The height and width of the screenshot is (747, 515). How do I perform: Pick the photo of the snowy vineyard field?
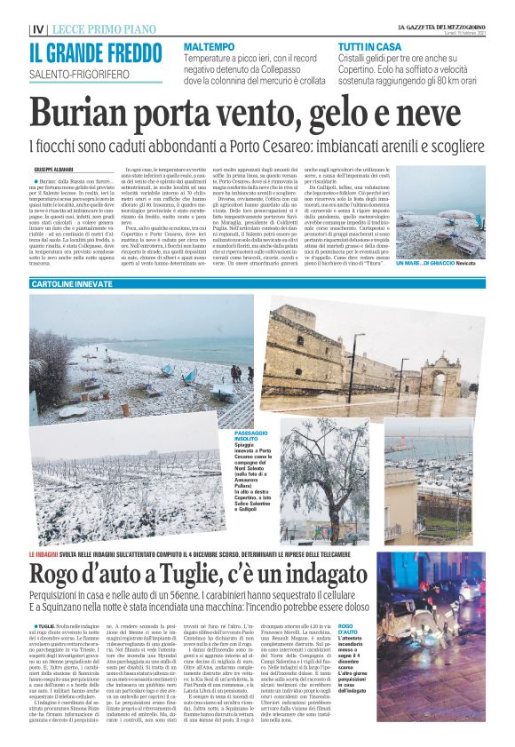tap(129, 404)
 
